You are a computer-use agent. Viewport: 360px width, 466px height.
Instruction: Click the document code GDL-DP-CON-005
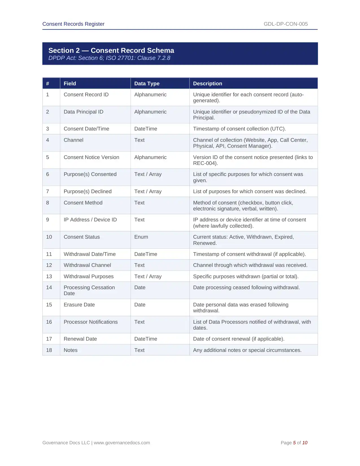(x=285, y=24)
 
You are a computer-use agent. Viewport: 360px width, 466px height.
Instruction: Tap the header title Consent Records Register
(x=73, y=24)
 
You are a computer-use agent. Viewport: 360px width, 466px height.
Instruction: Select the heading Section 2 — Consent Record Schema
(x=111, y=50)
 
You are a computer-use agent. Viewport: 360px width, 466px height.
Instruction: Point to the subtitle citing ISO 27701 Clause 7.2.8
(x=109, y=58)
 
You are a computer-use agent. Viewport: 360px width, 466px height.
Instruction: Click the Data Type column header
(x=147, y=84)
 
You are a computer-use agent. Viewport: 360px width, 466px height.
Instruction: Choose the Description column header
(x=208, y=84)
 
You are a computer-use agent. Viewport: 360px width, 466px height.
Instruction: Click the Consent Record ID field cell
(x=86, y=95)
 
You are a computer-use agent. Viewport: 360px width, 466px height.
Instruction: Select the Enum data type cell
(x=141, y=237)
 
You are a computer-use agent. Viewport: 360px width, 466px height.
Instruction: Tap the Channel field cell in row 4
(x=74, y=140)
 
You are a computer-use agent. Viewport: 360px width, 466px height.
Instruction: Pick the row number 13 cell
(x=49, y=276)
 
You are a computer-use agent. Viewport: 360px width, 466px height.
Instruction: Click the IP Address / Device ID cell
(x=90, y=220)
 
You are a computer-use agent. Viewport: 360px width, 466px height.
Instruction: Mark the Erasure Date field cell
(x=79, y=305)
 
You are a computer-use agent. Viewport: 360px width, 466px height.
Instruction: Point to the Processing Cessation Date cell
(x=89, y=290)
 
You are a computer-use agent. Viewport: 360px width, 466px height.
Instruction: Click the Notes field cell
(x=71, y=350)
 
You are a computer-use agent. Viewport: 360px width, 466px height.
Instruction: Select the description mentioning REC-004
(x=253, y=160)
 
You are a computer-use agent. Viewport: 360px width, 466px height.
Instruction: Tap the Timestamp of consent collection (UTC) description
(x=239, y=129)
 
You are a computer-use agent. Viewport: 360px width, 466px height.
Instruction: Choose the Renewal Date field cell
(x=80, y=339)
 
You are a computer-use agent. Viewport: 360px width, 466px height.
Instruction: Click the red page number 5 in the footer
(x=294, y=443)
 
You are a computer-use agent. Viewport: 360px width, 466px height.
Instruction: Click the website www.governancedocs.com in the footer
(x=122, y=443)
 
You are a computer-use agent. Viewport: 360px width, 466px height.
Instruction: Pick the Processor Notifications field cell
(x=91, y=322)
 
